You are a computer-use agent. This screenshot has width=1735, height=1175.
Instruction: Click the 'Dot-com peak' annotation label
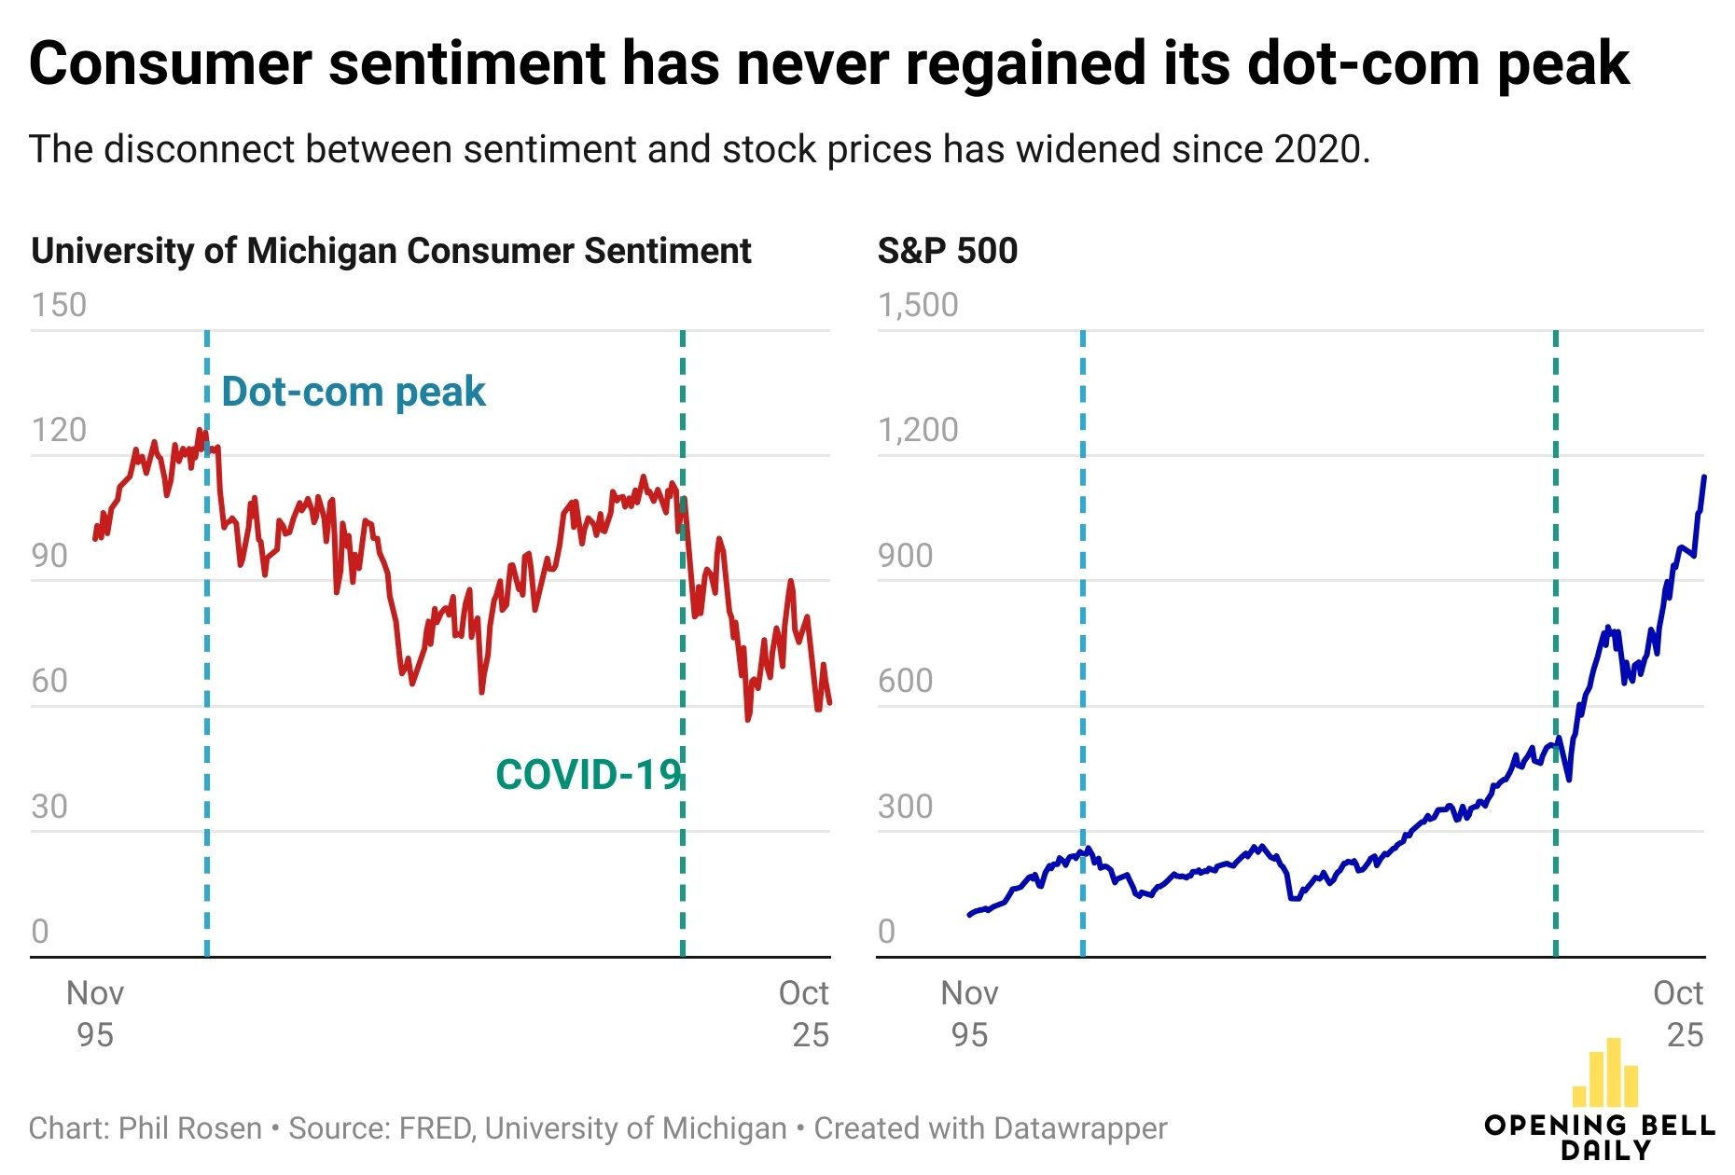[354, 392]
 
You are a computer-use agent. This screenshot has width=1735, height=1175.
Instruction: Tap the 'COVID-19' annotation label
[588, 775]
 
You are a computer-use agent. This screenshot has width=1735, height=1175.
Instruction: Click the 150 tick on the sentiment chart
[59, 305]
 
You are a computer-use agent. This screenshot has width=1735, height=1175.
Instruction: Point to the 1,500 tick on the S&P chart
[918, 305]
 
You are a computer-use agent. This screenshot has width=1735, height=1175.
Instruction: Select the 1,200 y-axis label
[918, 430]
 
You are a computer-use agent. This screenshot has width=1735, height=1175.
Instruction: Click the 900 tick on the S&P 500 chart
[905, 556]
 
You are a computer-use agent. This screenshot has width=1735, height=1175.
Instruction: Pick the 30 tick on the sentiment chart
[49, 807]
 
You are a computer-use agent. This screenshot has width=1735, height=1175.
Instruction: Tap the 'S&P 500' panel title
[947, 251]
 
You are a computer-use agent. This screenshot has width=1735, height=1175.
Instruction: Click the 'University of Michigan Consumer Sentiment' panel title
[391, 251]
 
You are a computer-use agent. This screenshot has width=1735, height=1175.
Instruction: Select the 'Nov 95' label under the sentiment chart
[95, 1014]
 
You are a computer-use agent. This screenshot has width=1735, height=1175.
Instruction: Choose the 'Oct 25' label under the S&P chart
[1678, 1014]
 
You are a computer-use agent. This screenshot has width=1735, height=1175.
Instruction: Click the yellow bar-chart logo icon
[1605, 1073]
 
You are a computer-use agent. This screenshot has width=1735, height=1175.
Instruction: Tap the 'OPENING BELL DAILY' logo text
[1599, 1137]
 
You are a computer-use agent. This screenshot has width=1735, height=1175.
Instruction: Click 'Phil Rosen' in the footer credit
[190, 1128]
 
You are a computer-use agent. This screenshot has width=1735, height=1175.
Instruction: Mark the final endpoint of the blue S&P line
[1704, 477]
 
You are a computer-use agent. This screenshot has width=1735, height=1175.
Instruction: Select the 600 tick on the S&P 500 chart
[905, 681]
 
